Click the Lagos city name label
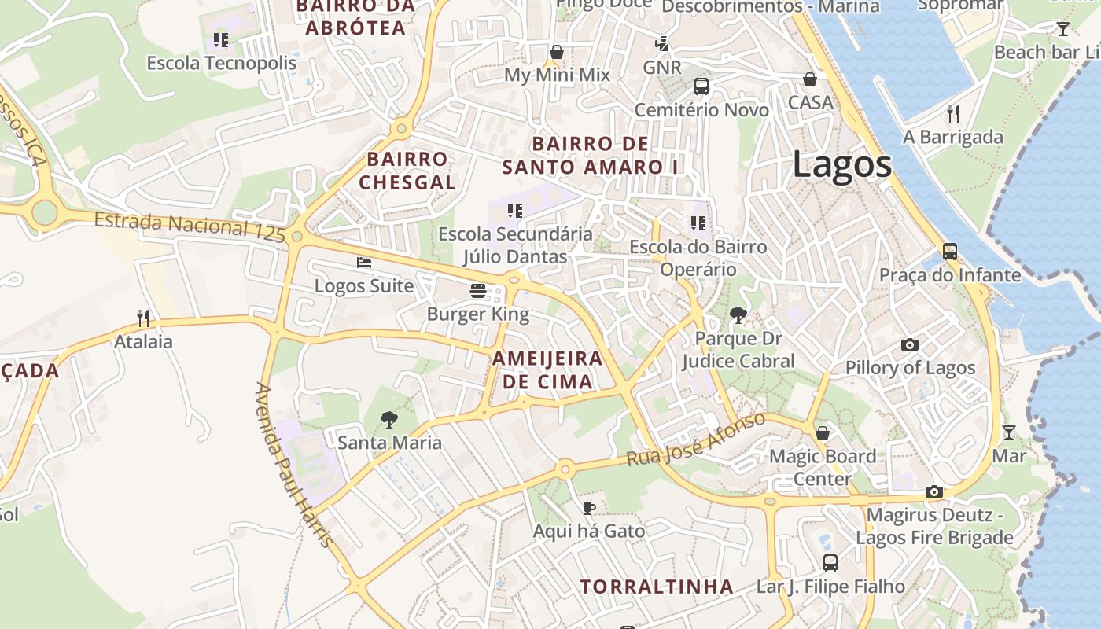841,164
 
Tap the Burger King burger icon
477,291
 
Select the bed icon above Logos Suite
363,262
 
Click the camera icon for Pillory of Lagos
910,344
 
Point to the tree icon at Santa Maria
388,419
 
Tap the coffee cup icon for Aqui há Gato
588,508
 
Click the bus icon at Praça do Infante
950,252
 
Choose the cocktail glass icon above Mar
1008,432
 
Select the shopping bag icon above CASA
809,79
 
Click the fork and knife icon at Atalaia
143,318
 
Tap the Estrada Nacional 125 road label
190,226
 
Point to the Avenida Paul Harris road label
293,464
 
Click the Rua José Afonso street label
696,440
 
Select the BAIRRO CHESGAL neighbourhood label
407,171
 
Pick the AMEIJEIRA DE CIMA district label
547,370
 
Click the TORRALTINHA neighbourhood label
657,587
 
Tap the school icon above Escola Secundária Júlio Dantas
515,211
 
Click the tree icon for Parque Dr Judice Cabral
738,315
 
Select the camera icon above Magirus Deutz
934,492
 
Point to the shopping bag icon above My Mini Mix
557,52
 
